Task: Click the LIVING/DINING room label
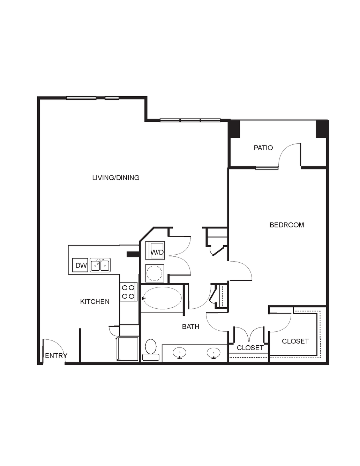pos(116,178)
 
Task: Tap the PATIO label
pos(263,148)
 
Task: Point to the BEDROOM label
pos(287,225)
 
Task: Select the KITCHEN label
pos(95,302)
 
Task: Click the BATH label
pos(190,326)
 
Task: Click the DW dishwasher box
pos(80,265)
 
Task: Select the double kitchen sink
pos(100,265)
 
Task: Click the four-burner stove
pos(128,292)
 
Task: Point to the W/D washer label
pos(157,252)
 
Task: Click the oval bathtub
pos(162,298)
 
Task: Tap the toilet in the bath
pos(151,350)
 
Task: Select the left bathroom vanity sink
pos(179,353)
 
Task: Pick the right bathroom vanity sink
pos(213,353)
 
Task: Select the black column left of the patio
pos(234,129)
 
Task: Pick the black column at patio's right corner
pos(322,129)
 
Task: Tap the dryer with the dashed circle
pos(155,273)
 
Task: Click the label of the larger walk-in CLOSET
pos(295,341)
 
